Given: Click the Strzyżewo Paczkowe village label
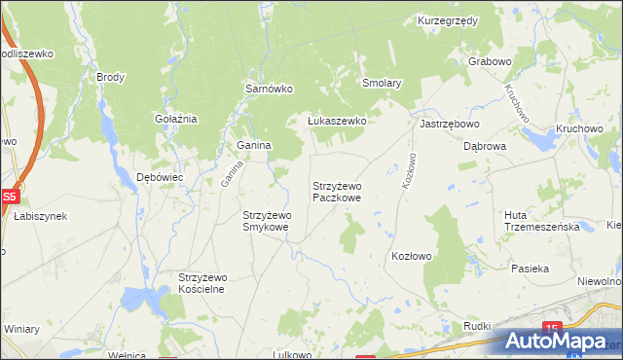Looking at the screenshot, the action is [337, 191].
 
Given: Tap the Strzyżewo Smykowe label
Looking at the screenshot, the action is [266, 221].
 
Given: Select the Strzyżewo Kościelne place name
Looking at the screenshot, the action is [202, 283].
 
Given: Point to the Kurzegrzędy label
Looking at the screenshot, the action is [447, 19].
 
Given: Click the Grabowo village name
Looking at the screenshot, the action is [490, 61].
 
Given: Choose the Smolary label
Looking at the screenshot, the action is [382, 84].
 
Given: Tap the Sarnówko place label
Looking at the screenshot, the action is [269, 88].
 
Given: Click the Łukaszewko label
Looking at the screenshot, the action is [336, 121].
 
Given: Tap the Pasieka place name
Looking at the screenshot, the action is [530, 268].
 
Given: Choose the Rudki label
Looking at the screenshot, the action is [477, 326].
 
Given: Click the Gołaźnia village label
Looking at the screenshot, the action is [176, 119].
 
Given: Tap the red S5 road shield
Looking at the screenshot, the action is [9, 196].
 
